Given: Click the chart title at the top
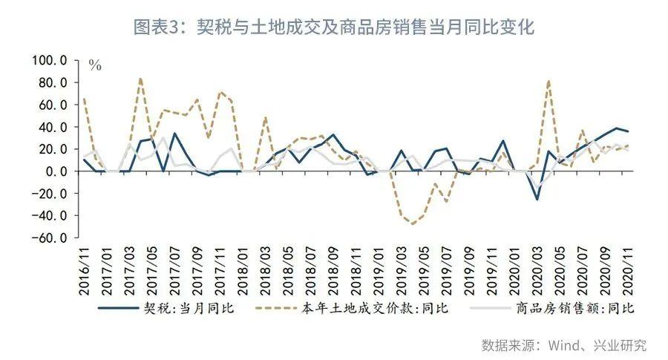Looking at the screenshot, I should pos(334,27).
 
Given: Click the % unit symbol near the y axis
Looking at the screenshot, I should pos(95,66).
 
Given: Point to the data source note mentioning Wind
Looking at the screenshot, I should pos(564,345).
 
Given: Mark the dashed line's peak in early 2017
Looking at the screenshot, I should pos(140,78).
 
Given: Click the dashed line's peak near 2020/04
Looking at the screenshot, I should pos(549,81).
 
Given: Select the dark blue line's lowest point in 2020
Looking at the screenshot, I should pos(537,199).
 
